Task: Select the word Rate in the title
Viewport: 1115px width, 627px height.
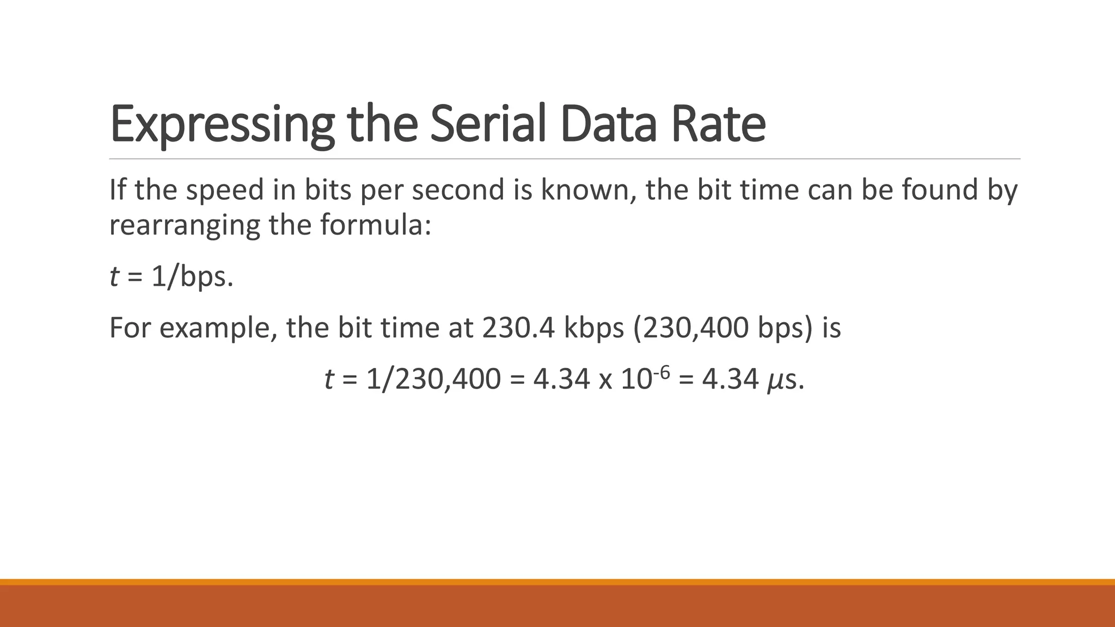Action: pos(718,125)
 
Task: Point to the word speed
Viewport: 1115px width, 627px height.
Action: pos(225,190)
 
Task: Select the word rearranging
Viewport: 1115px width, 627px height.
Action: pos(185,225)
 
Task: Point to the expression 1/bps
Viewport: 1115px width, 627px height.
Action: pos(192,277)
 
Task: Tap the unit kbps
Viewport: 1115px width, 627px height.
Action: pos(594,328)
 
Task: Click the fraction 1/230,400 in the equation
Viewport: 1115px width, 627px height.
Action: pos(433,379)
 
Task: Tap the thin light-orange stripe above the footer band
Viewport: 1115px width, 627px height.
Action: pos(557,582)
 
